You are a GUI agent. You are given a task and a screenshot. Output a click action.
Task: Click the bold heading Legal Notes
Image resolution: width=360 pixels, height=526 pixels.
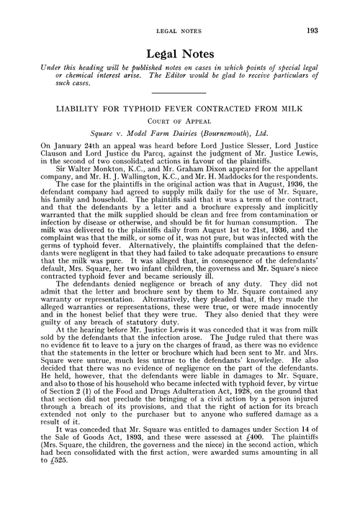coord(179,54)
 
